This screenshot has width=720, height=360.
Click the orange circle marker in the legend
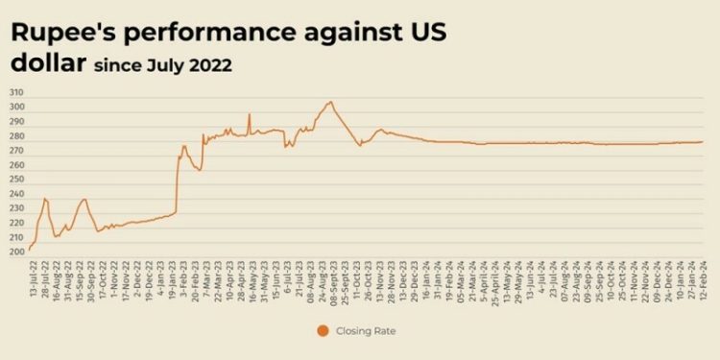[x=321, y=331]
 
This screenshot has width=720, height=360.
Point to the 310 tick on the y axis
[x=17, y=93]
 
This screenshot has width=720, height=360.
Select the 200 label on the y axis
[x=17, y=252]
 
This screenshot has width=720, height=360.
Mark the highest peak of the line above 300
[x=330, y=101]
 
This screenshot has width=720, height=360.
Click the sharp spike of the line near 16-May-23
[x=250, y=114]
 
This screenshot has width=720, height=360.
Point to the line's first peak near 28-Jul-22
[x=45, y=199]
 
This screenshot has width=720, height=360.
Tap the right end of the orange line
[x=703, y=142]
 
